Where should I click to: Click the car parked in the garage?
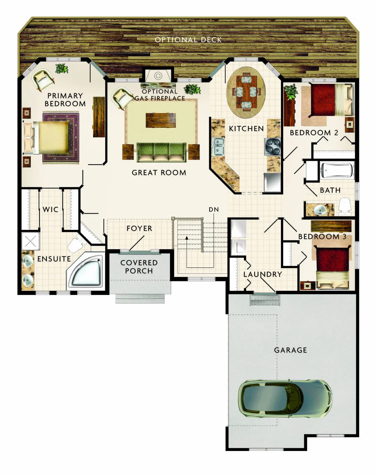coord(285,399)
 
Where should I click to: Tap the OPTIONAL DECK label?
coord(188,40)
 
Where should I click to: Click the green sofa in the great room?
coord(161,152)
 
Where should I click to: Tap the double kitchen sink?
coord(218,146)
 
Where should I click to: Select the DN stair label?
coord(214,210)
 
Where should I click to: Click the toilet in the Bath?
coord(344,206)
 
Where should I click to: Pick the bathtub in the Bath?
coord(337,170)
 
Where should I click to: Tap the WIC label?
coord(50,210)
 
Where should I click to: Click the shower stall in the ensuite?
coord(31,241)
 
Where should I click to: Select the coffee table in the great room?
coord(160,120)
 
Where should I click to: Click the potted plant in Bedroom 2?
coord(290,92)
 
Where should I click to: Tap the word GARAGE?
coord(290,350)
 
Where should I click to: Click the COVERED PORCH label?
coord(139,267)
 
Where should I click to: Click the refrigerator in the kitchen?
coord(272,182)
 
